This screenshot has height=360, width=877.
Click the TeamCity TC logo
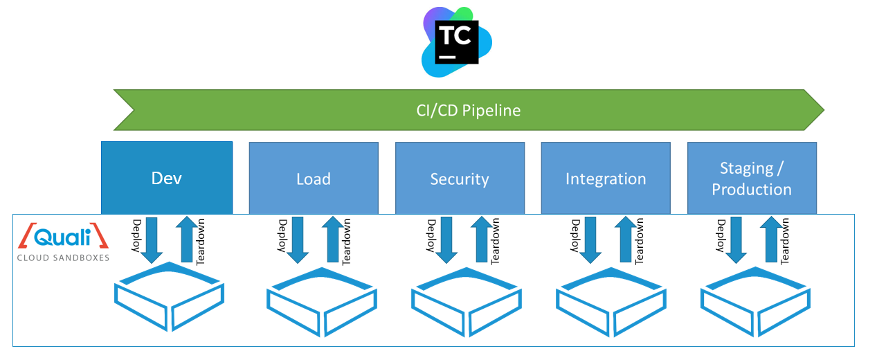[x=456, y=41]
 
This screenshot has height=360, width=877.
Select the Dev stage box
[x=167, y=178]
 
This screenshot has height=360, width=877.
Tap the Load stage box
[x=314, y=179]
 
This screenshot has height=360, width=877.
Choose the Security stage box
[x=460, y=179]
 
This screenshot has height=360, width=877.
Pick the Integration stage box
[x=606, y=179]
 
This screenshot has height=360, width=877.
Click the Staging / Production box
[x=752, y=179]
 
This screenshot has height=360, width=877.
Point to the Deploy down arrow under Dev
[x=152, y=239]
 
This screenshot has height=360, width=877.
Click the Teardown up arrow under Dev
[x=186, y=239]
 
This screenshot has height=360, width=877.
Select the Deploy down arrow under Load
[x=298, y=239]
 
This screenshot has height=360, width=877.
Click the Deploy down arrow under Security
[x=446, y=239]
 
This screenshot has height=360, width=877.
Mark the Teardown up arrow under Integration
[x=626, y=239]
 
